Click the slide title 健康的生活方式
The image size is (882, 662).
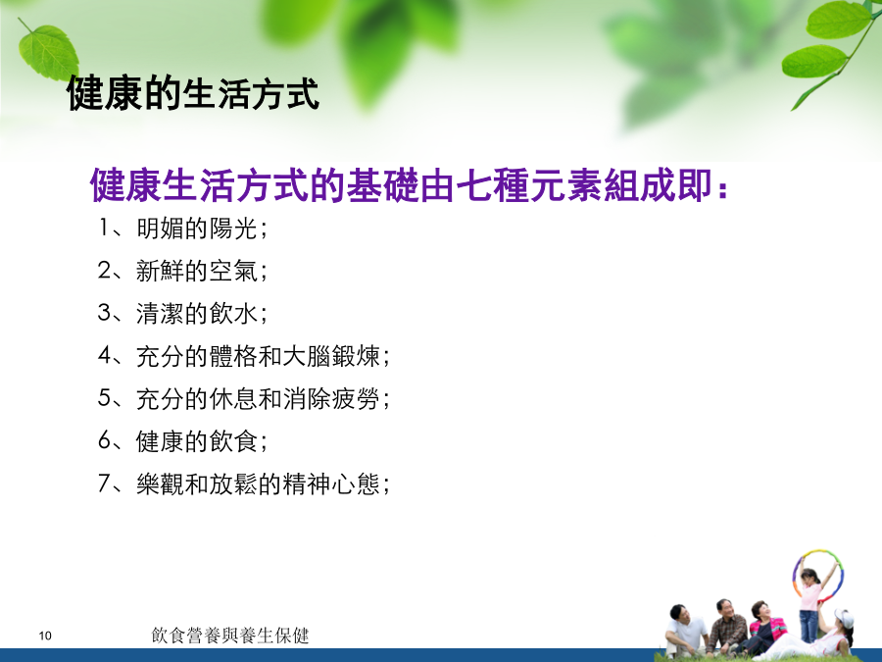(x=193, y=93)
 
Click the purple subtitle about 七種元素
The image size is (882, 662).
(x=409, y=184)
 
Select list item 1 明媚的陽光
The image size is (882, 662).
(x=182, y=229)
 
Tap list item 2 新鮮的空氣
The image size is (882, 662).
(x=182, y=271)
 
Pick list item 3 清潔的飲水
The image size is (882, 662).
(x=182, y=314)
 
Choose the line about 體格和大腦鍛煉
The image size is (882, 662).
(x=244, y=356)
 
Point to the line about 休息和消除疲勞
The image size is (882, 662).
(x=244, y=398)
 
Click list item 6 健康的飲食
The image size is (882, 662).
(x=182, y=440)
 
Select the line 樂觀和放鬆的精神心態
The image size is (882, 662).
(x=244, y=484)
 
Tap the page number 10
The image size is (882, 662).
(x=45, y=637)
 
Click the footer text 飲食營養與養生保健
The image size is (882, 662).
(x=230, y=636)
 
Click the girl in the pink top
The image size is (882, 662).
(x=810, y=602)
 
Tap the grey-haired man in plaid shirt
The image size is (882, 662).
(x=727, y=626)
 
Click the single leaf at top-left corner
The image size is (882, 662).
(x=48, y=52)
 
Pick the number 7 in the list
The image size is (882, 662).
(x=105, y=484)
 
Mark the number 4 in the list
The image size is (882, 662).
(x=105, y=356)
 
